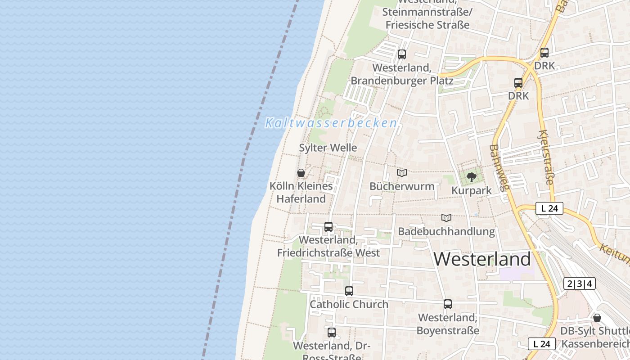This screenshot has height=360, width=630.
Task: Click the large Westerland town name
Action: pyautogui.click(x=482, y=259)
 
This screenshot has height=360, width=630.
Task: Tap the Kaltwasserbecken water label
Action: pyautogui.click(x=331, y=123)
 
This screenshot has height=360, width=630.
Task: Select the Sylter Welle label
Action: pyautogui.click(x=328, y=148)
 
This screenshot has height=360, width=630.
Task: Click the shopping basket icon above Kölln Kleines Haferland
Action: pyautogui.click(x=301, y=173)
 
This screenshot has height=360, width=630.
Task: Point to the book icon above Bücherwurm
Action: pyautogui.click(x=402, y=173)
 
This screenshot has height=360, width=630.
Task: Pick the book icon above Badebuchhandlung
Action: pyautogui.click(x=446, y=218)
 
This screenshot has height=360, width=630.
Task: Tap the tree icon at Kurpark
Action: pyautogui.click(x=472, y=177)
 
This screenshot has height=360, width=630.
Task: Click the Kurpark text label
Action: pyautogui.click(x=472, y=190)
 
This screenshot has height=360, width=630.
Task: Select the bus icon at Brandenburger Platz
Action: pyautogui.click(x=402, y=54)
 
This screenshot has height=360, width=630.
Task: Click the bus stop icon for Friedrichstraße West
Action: pyautogui.click(x=328, y=227)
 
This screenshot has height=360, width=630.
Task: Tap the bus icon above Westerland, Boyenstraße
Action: pyautogui.click(x=448, y=304)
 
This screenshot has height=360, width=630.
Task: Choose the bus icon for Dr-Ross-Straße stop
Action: pyautogui.click(x=332, y=333)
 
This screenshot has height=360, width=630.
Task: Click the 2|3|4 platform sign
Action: pyautogui.click(x=580, y=283)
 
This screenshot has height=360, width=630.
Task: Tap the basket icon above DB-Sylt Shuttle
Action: pyautogui.click(x=597, y=318)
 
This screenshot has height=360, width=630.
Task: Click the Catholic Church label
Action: pyautogui.click(x=349, y=304)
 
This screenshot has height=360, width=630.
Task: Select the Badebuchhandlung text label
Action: pyautogui.click(x=446, y=232)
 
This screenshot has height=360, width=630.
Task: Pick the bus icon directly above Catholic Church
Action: pyautogui.click(x=349, y=291)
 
